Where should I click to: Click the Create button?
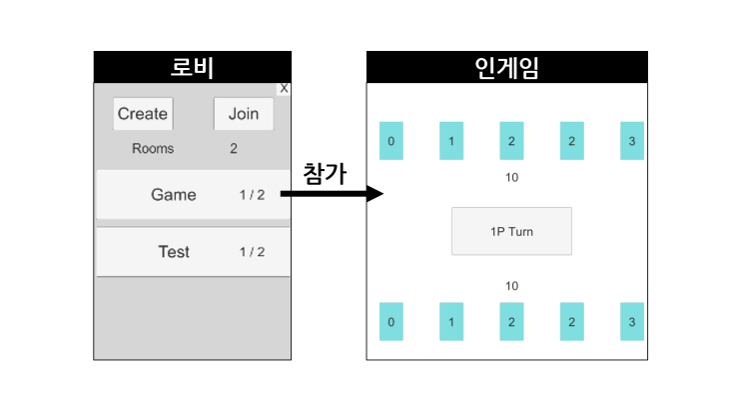(x=143, y=114)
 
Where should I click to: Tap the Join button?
(x=244, y=114)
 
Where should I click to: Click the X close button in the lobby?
(x=284, y=89)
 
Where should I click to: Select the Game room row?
(x=193, y=194)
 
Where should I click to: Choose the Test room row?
(x=193, y=252)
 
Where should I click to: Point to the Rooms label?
(x=153, y=148)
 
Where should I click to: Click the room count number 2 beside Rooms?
(x=234, y=148)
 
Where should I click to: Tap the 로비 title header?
(x=193, y=67)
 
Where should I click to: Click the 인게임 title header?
(x=506, y=67)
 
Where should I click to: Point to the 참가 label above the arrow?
(x=326, y=174)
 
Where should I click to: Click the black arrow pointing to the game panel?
(x=332, y=193)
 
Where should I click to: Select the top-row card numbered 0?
(x=391, y=141)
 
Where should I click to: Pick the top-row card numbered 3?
(x=632, y=141)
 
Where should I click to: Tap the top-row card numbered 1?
(x=451, y=141)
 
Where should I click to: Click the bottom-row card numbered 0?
(x=391, y=321)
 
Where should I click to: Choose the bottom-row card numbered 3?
(x=632, y=321)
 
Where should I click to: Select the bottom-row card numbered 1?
(x=451, y=321)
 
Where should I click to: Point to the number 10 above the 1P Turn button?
(x=511, y=177)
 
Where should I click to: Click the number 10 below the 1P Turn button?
(x=511, y=286)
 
